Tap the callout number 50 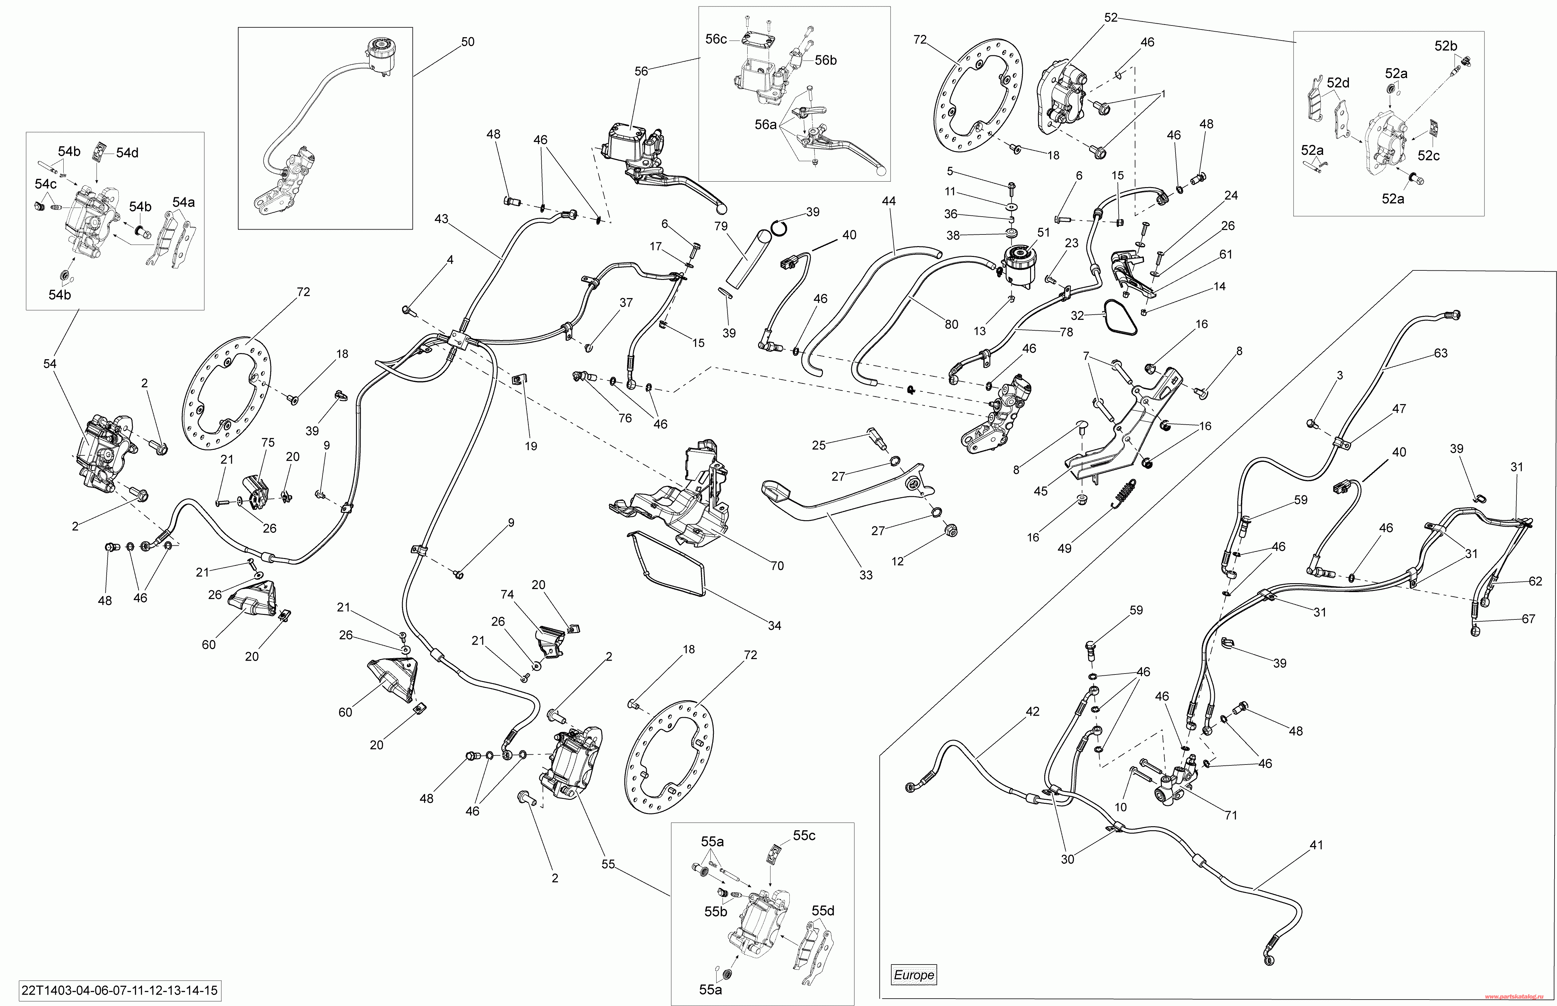(x=468, y=42)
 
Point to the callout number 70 (x=777, y=566)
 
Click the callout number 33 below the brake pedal (x=866, y=575)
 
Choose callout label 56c (x=716, y=39)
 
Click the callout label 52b (x=1446, y=46)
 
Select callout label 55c (x=804, y=835)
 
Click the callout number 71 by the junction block (x=1231, y=815)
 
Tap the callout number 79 (x=721, y=227)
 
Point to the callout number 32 (x=1077, y=316)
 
